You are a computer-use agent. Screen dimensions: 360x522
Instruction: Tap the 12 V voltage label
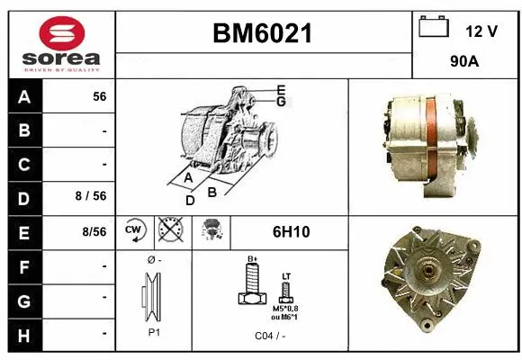481,31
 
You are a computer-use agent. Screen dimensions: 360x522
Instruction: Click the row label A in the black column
23,97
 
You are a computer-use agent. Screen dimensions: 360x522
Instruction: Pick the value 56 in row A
99,97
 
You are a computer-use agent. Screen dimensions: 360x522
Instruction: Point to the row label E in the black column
23,231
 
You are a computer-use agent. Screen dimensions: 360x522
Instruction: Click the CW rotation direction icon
134,231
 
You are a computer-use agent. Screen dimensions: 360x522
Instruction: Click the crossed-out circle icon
168,231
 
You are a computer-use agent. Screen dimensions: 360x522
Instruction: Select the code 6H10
290,232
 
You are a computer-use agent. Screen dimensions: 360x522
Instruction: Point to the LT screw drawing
286,291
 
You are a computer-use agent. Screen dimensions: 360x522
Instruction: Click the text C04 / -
269,336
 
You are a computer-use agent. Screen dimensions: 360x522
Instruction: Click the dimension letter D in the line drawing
189,201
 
